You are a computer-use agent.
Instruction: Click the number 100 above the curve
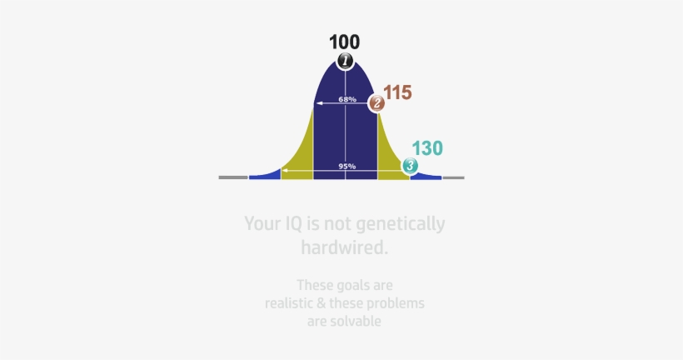tap(344, 42)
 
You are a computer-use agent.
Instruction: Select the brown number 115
tap(398, 92)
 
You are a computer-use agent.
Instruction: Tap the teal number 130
tap(427, 148)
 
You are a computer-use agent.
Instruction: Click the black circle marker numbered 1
tap(345, 61)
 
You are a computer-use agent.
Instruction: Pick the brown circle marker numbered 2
tap(376, 103)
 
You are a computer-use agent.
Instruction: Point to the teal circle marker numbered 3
tap(410, 166)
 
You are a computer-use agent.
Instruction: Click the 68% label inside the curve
tap(347, 100)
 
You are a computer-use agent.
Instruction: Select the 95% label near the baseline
tap(347, 167)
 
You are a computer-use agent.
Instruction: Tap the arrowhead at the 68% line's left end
tap(317, 103)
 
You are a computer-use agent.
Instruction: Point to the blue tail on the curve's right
tap(427, 176)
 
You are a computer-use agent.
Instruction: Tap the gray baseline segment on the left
tap(233, 177)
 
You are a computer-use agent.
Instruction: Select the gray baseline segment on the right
tap(453, 177)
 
